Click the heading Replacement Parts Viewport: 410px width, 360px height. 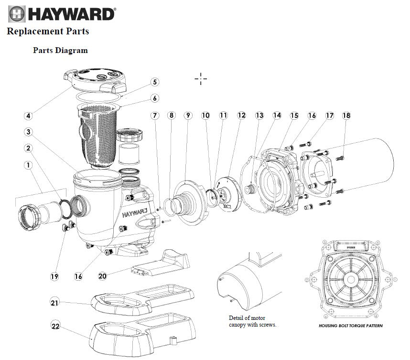pos(48,32)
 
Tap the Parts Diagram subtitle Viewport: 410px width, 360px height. pos(60,50)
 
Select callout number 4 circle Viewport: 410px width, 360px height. pos(29,116)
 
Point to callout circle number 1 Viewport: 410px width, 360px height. pos(29,165)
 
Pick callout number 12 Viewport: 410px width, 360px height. pos(241,116)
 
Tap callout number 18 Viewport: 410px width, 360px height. pos(346,116)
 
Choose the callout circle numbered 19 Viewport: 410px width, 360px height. pos(55,276)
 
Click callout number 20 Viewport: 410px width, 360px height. pos(102,275)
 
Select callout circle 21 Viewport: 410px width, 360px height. pos(55,302)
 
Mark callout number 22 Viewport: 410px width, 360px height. pos(55,327)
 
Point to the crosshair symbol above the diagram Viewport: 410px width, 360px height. pos(201,79)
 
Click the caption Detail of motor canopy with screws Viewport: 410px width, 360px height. pos(252,321)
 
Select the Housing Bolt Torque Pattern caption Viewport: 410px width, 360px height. pos(351,326)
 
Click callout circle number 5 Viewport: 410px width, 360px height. pos(155,82)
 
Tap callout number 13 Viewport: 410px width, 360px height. pos(259,116)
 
